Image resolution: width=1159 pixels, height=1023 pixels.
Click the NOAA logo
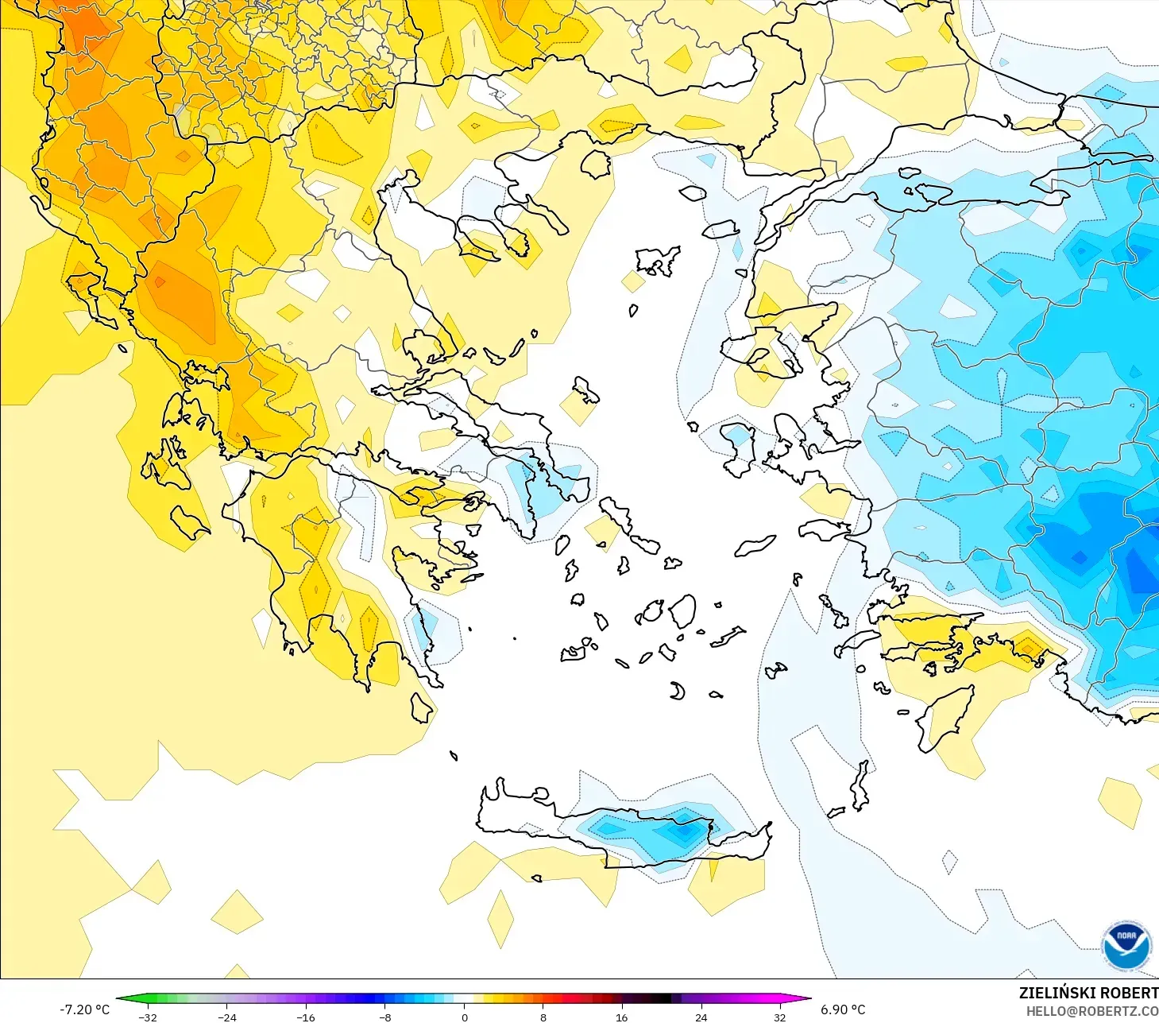[x=1126, y=945]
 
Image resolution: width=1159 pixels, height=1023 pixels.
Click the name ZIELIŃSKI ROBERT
[x=1088, y=993]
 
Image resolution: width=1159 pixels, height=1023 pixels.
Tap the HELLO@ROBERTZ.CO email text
[x=1091, y=1011]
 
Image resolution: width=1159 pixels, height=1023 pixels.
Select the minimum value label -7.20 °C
[x=84, y=1009]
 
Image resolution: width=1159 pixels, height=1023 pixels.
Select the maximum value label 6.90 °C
[x=843, y=1009]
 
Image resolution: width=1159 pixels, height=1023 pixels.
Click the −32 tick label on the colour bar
[x=147, y=1017]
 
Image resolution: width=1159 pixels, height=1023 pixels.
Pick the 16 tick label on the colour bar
[x=621, y=1017]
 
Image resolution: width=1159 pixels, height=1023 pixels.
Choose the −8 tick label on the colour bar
[x=384, y=1017]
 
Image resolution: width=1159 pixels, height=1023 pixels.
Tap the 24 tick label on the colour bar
[x=701, y=1017]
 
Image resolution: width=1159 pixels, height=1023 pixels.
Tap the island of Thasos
[x=596, y=165]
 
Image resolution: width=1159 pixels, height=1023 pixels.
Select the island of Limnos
[x=658, y=260]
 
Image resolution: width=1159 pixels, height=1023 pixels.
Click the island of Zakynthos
[x=189, y=522]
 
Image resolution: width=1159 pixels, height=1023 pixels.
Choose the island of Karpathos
[x=860, y=785]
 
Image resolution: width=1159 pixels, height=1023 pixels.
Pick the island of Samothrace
[x=693, y=192]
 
